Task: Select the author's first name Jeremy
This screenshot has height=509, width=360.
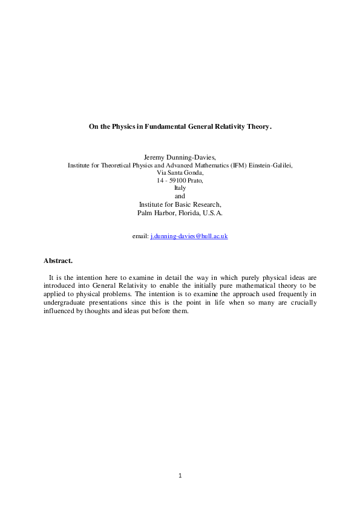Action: tap(155, 157)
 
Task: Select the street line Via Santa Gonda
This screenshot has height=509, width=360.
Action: tap(180, 172)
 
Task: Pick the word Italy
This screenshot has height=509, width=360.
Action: tap(180, 188)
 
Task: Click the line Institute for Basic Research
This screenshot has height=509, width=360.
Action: tap(180, 204)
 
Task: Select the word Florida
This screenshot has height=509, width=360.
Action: tap(189, 212)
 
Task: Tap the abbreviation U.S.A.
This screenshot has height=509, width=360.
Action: tap(214, 212)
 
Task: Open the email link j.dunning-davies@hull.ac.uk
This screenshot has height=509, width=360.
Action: tap(189, 236)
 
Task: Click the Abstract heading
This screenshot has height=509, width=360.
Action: tap(58, 261)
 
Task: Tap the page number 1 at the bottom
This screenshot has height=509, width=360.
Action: tap(180, 475)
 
